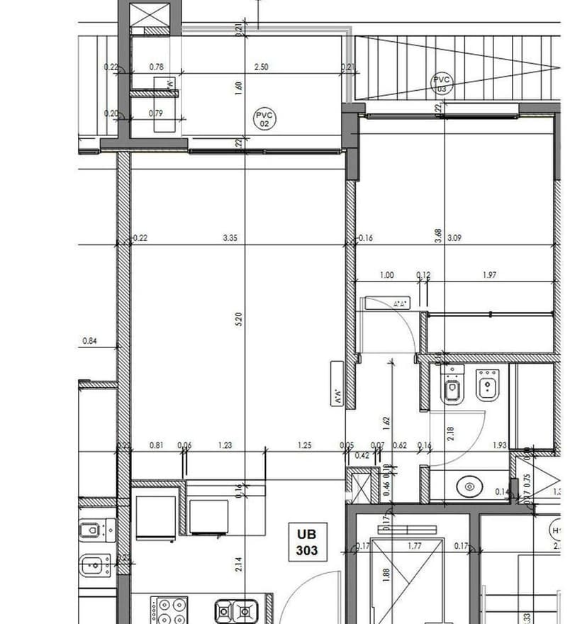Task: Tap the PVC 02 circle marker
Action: tap(265, 118)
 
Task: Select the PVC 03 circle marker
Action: tap(442, 84)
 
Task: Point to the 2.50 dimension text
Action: tap(261, 67)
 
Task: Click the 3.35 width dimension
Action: tap(230, 239)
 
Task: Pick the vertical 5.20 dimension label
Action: tap(239, 321)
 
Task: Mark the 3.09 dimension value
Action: tap(454, 239)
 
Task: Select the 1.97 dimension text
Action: tap(488, 275)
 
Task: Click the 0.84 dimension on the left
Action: tap(89, 341)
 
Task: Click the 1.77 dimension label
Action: tap(415, 546)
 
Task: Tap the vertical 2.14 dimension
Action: tap(239, 564)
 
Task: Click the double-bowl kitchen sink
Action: tap(236, 610)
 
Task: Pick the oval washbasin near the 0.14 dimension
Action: tap(468, 487)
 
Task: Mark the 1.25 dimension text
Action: tap(305, 445)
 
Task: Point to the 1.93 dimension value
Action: tap(499, 445)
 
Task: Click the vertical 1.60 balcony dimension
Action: tap(239, 89)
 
